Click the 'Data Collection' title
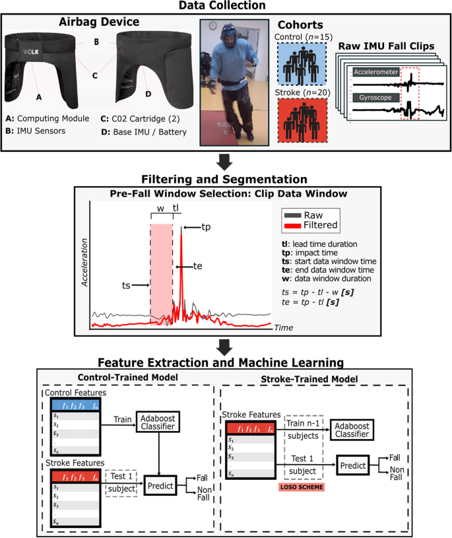[x=226, y=6]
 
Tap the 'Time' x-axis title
[x=283, y=327]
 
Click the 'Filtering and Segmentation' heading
[x=226, y=179]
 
